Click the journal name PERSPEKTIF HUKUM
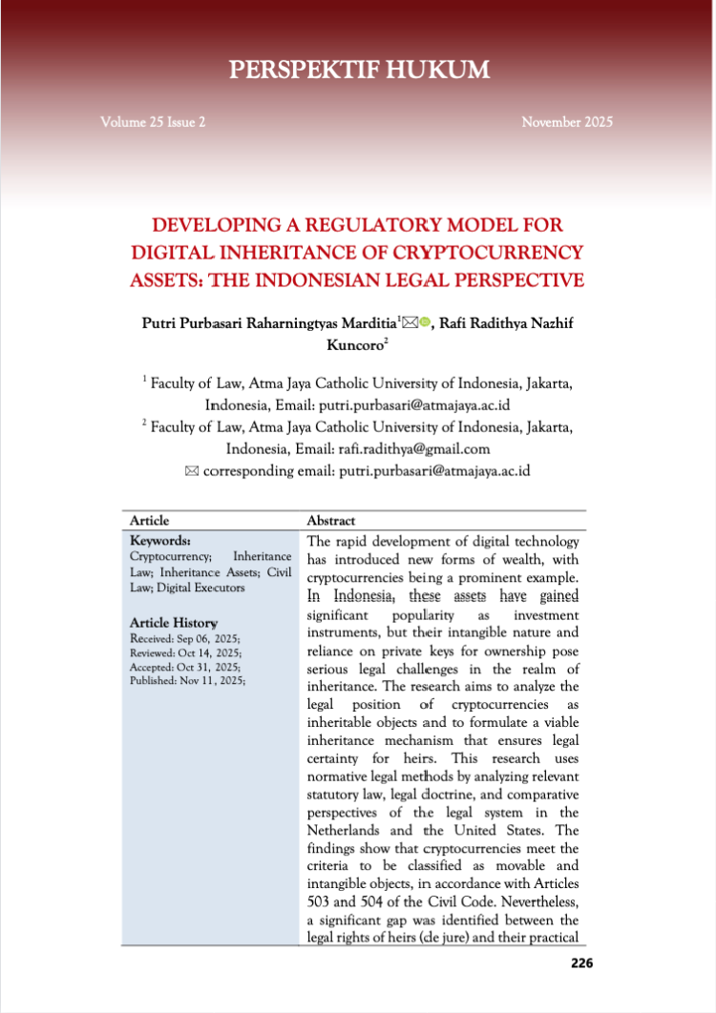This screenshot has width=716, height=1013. pos(358,70)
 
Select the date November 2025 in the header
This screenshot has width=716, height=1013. pos(567,122)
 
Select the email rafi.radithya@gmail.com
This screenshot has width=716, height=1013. pos(413,448)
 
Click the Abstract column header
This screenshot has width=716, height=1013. pos(330,521)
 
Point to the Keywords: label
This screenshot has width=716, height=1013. pos(159,540)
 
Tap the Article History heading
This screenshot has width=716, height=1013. pos(173,623)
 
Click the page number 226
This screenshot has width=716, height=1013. pos(581,962)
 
